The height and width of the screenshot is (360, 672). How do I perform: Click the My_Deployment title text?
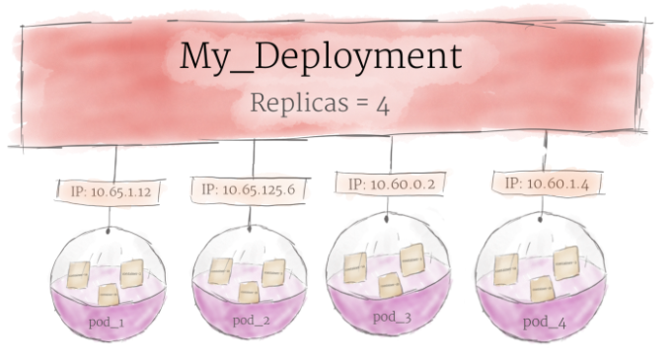[x=320, y=57]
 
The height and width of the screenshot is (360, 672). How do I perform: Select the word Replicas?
[x=293, y=103]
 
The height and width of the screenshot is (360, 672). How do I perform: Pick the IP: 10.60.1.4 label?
[x=546, y=183]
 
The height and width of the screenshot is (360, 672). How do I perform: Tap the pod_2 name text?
[x=250, y=321]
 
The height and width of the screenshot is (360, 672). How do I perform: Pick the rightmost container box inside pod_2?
[x=273, y=271]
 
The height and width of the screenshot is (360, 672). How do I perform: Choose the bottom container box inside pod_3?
[x=390, y=284]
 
